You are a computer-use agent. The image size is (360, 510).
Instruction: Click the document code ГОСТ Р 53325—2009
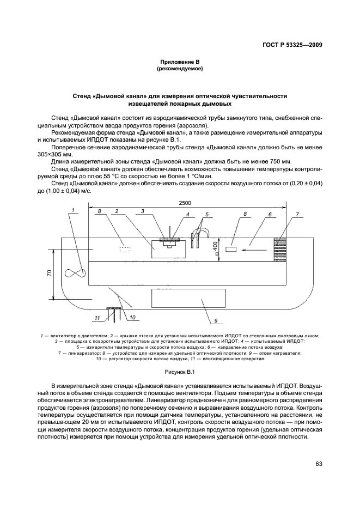click(x=289, y=44)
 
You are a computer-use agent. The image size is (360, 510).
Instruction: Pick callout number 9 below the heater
click(x=216, y=320)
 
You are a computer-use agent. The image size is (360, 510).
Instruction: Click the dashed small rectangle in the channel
click(x=125, y=250)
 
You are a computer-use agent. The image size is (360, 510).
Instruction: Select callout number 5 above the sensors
click(x=207, y=215)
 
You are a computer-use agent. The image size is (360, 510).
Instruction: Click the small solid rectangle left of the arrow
click(x=230, y=250)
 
